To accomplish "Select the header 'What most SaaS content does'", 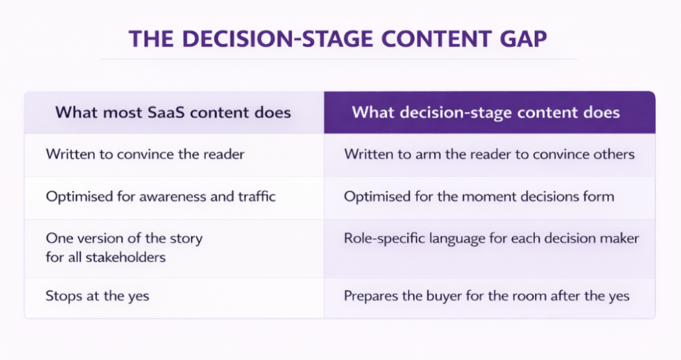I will [173, 112].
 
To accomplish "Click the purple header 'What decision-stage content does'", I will [485, 112].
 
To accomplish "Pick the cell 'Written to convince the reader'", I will [145, 154].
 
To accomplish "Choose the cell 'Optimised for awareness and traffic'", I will [160, 196].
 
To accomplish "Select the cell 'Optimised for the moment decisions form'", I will [479, 196].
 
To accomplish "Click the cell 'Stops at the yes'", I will [97, 295].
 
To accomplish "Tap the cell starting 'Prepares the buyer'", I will [486, 295].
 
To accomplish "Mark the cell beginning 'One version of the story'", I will [124, 247].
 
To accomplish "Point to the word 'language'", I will [454, 238].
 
